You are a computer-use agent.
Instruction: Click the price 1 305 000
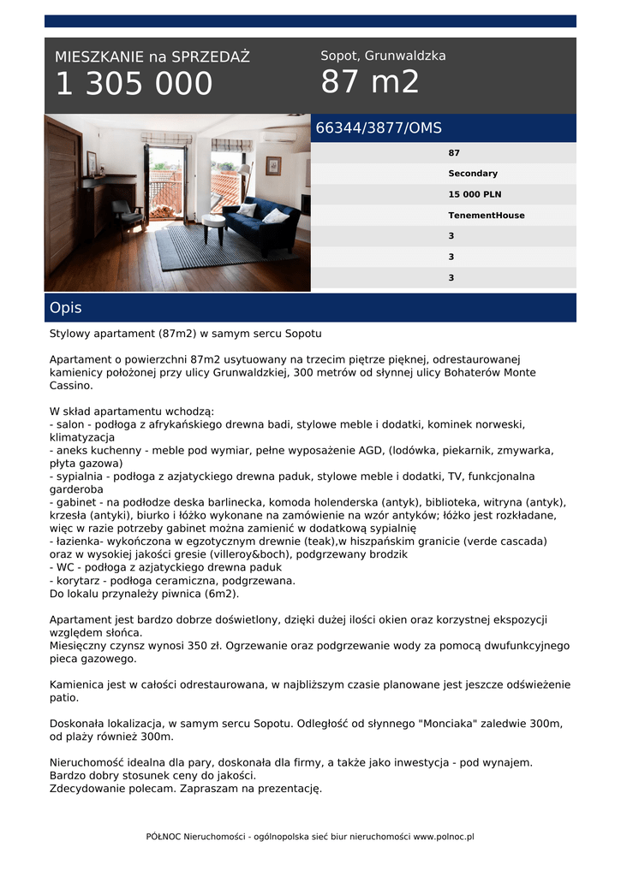pyautogui.click(x=134, y=85)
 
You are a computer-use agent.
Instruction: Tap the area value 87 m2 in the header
pyautogui.click(x=370, y=82)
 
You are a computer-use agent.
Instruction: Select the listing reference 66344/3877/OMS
pyautogui.click(x=379, y=128)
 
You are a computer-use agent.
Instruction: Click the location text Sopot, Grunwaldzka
pyautogui.click(x=383, y=56)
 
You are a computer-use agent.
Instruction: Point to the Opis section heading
pyautogui.click(x=66, y=308)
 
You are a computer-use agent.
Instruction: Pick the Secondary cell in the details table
pyautogui.click(x=473, y=174)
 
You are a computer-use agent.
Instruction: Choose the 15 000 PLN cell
pyautogui.click(x=475, y=194)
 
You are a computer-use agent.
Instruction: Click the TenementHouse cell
pyautogui.click(x=486, y=216)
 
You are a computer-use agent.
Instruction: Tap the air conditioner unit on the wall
pyautogui.click(x=278, y=136)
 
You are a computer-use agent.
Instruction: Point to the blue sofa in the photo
pyautogui.click(x=261, y=224)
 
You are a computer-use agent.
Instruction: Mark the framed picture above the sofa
pyautogui.click(x=273, y=165)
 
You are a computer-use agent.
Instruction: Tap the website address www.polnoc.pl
pyautogui.click(x=444, y=837)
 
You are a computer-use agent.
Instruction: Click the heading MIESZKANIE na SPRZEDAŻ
pyautogui.click(x=152, y=57)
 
